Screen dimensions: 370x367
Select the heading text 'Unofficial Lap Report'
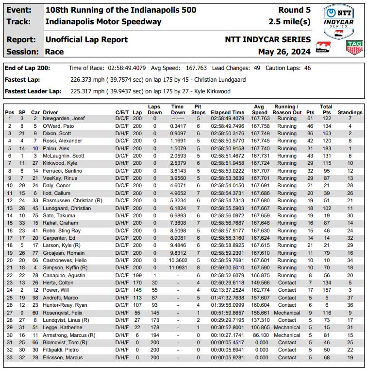(86, 39)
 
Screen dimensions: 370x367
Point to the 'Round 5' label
(295, 10)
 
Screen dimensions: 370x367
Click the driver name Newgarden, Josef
(64, 119)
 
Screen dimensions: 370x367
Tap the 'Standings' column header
(350, 112)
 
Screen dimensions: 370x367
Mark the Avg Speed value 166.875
(261, 275)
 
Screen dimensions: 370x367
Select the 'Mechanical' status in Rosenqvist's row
(286, 313)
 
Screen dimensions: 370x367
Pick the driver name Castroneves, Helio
(65, 260)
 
